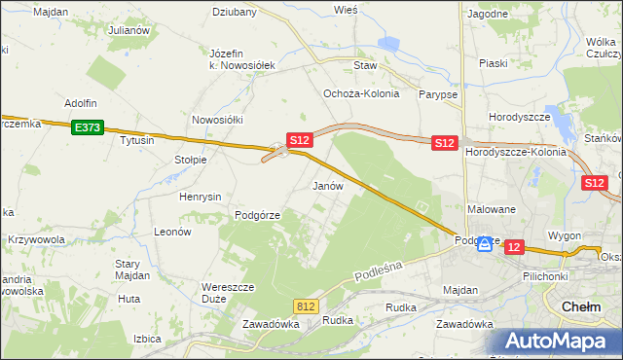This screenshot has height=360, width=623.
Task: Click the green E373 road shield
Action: [x=86, y=126]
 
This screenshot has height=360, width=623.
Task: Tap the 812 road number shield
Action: [x=307, y=306]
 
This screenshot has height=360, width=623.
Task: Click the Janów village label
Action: [x=328, y=185]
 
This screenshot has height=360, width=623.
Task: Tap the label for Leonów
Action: [x=171, y=233]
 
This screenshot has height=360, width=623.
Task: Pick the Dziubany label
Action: [x=235, y=13]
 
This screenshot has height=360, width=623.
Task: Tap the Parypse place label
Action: [x=437, y=94]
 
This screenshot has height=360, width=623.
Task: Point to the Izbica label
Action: [x=147, y=339]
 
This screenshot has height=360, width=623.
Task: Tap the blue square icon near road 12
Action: [x=484, y=244]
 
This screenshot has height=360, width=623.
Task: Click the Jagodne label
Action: [x=488, y=14]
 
